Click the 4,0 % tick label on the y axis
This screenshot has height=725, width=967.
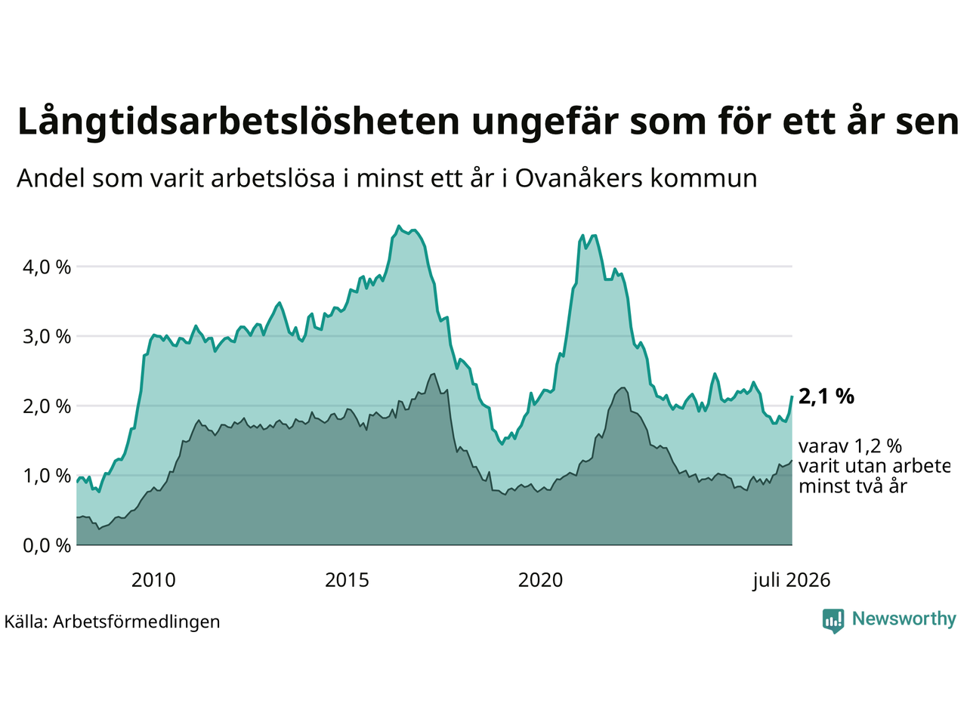(47, 267)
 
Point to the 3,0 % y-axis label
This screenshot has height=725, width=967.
(47, 337)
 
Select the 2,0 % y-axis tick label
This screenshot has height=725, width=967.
(47, 406)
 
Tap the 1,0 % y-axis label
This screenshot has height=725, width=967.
(47, 476)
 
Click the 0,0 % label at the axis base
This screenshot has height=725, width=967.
(47, 546)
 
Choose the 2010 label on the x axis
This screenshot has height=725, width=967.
(153, 580)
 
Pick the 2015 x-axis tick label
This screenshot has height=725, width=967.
(347, 580)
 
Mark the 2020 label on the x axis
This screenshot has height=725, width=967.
(540, 580)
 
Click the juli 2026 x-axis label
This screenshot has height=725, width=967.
(792, 581)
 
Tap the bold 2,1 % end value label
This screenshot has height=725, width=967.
(826, 396)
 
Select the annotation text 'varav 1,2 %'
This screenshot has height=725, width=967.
(850, 446)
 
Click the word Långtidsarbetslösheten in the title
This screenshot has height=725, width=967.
(238, 122)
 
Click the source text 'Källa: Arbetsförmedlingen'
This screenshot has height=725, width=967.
(112, 622)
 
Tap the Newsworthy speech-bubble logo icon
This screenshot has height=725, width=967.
(833, 621)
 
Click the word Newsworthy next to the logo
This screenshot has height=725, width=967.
(904, 619)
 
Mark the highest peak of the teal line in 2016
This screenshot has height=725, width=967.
(399, 226)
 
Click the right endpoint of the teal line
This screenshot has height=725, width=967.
(792, 396)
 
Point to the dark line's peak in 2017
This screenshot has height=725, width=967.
(434, 374)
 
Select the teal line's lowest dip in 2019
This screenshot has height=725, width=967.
(502, 444)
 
